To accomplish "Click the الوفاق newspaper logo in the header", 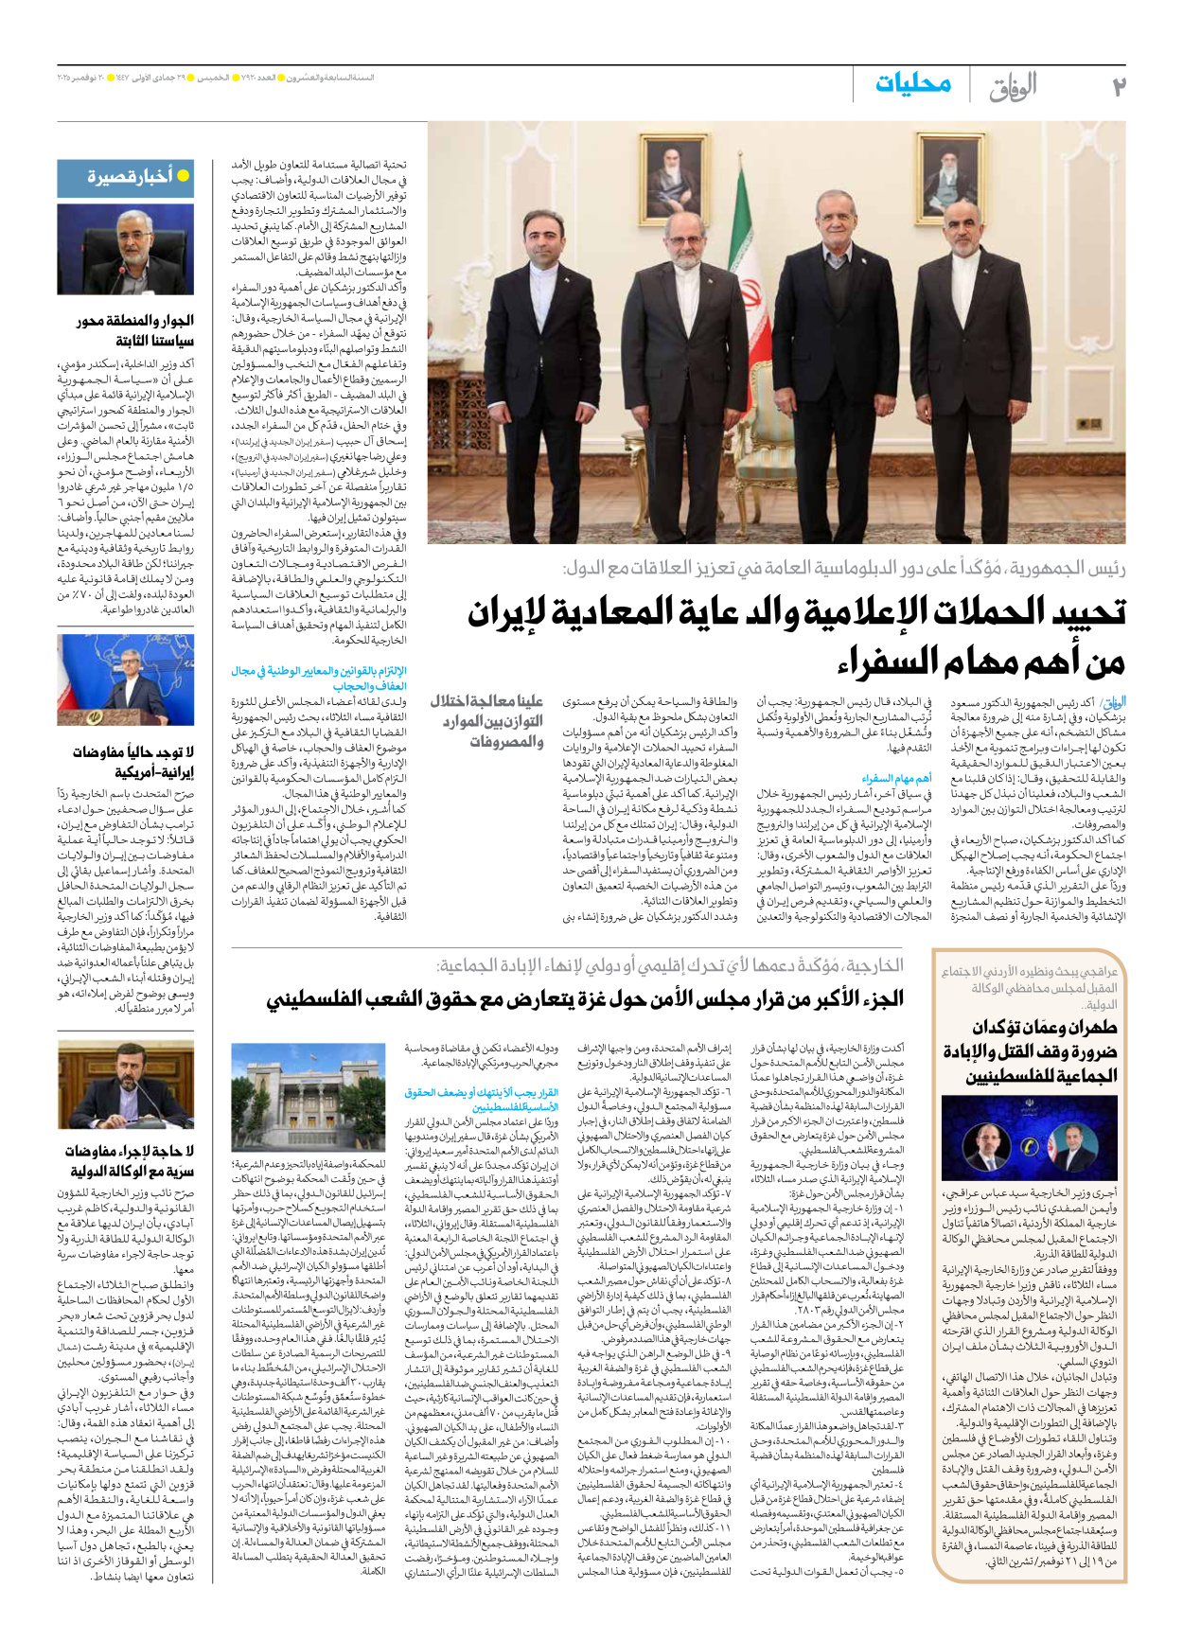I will click(1013, 87).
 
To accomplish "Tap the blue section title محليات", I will click(912, 84).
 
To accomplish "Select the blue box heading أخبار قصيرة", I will click(131, 176).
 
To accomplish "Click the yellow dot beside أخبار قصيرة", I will click(184, 176).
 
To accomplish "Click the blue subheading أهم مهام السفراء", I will click(895, 778).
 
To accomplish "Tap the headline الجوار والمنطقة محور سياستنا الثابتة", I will click(134, 331).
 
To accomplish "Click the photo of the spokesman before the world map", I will click(125, 679).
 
